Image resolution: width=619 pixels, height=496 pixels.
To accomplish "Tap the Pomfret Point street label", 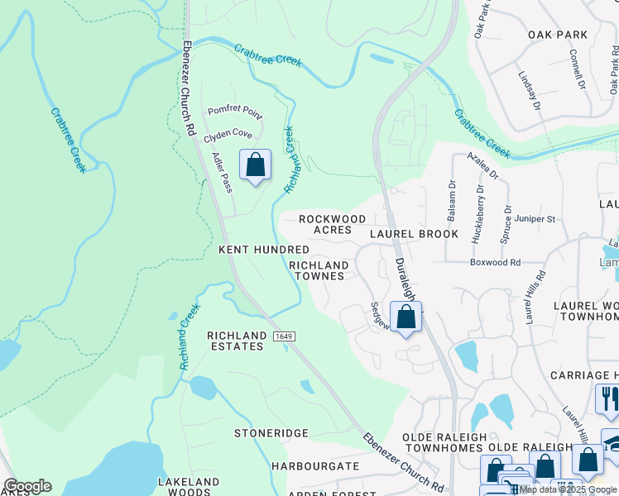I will click(234, 111).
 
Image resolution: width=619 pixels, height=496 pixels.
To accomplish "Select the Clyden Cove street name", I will click(229, 133).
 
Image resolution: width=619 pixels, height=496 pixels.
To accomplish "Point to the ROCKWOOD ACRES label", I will click(332, 224).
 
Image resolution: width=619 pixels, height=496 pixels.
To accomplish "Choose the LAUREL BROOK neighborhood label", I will click(414, 234).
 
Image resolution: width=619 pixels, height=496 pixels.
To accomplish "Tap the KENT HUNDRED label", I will click(263, 249).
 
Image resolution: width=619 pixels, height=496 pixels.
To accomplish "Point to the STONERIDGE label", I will click(271, 433).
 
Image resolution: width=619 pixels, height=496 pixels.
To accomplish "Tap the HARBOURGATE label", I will click(315, 466).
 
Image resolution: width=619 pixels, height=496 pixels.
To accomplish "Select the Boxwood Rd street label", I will click(495, 263).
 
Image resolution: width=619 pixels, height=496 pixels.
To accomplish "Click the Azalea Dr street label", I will click(482, 165).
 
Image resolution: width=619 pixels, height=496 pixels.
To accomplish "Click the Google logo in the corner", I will click(27, 486).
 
